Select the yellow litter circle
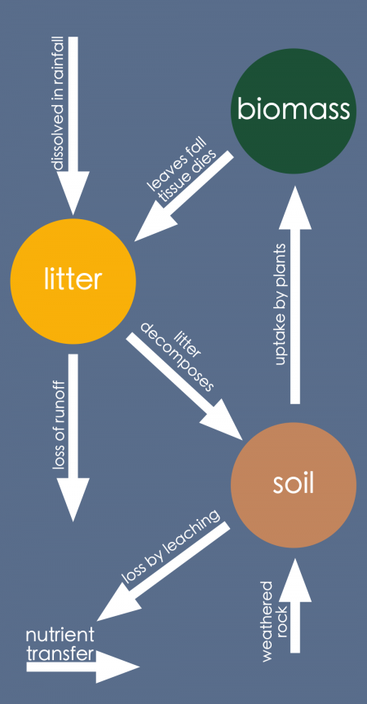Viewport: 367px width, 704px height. [x=72, y=280]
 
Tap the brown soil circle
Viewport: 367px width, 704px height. [x=294, y=486]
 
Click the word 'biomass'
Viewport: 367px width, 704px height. [x=294, y=109]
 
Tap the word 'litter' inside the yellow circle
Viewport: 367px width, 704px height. [x=72, y=280]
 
